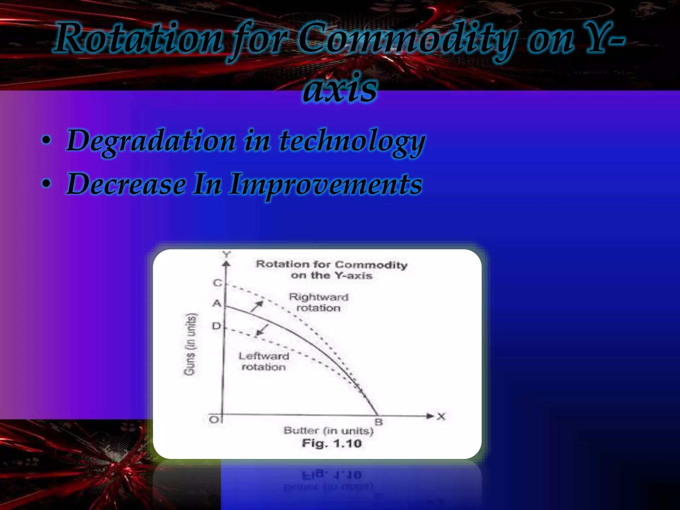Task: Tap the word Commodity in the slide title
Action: coord(407,39)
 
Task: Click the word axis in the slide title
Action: coord(340,88)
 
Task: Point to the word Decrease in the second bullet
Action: coord(126,184)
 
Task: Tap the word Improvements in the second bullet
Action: coord(325,184)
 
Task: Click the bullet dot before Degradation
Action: coord(46,140)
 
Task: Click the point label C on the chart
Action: coord(217,283)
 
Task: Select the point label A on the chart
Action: coord(217,303)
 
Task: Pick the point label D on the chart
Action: coord(216,326)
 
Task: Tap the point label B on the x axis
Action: coord(379,422)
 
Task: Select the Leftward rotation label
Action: coord(264,361)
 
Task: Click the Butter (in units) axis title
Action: coord(328,431)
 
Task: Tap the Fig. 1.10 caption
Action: coord(331,443)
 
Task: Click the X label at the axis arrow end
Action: coord(441,416)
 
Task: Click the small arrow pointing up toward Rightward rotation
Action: coord(257,306)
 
